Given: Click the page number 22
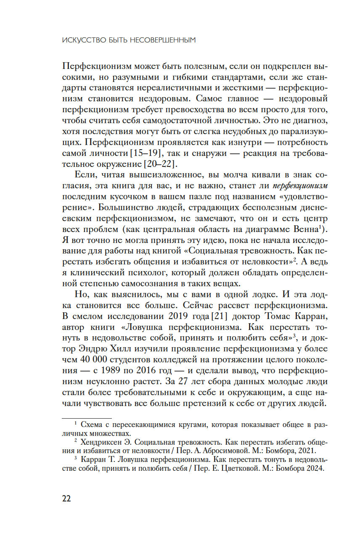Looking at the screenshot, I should pyautogui.click(x=66, y=499).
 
